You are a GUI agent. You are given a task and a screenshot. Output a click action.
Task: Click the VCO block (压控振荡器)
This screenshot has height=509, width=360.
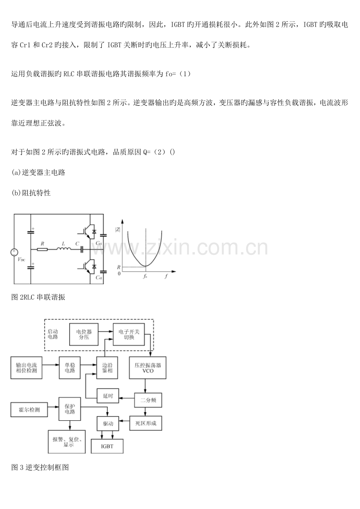[148, 367]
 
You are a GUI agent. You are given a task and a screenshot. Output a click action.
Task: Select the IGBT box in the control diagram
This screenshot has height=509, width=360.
[107, 446]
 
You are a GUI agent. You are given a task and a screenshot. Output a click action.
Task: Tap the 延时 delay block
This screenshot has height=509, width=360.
[108, 396]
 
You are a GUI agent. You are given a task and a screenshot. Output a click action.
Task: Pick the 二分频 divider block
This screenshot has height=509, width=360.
[148, 400]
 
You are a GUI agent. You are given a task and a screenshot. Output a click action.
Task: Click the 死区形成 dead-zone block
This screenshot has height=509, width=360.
[146, 423]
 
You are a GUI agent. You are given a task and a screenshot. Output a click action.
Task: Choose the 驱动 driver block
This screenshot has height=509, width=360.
[108, 423]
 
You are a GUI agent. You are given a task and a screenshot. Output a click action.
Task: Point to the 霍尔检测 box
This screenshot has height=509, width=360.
[29, 410]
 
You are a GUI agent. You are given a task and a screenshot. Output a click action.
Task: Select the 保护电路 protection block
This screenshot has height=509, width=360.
[70, 409]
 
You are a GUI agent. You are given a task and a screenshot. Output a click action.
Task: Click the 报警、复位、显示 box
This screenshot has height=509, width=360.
[67, 442]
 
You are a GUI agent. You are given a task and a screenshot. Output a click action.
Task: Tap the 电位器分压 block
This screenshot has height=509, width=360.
[84, 334]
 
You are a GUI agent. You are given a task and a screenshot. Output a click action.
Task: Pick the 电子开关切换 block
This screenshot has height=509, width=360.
[129, 334]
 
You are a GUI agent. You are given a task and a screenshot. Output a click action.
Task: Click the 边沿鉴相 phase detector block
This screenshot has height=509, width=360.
[107, 367]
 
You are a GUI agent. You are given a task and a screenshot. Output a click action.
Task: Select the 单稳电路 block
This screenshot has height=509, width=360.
[70, 367]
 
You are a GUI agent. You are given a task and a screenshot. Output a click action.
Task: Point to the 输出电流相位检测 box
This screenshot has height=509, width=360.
[26, 367]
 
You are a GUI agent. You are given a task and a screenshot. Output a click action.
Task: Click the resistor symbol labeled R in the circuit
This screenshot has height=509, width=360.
[42, 249]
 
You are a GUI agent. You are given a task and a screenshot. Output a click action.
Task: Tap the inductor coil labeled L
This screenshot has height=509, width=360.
[64, 248]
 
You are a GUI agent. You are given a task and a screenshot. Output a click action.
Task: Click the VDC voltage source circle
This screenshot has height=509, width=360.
[14, 252]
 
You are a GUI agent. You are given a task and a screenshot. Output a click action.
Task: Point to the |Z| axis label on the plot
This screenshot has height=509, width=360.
[117, 229]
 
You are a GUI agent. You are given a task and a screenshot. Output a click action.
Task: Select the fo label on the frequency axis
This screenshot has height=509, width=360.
[145, 276]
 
